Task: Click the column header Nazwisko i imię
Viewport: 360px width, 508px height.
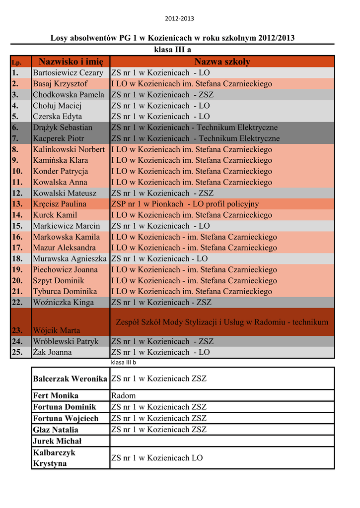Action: (x=71, y=62)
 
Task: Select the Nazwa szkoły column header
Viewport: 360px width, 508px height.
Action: (x=222, y=62)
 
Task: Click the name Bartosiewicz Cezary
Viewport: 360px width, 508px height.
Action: (x=68, y=73)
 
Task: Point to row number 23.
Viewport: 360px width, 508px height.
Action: (x=18, y=330)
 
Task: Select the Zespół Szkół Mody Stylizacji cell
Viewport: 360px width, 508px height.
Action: (x=222, y=322)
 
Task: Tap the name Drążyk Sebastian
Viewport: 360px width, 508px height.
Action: (x=63, y=127)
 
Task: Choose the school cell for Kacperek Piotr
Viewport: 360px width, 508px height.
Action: (x=195, y=138)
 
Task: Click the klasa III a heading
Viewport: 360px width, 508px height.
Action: (x=173, y=50)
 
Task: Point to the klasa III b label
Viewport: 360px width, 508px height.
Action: (x=123, y=363)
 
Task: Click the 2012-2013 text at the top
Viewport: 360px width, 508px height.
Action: (x=180, y=19)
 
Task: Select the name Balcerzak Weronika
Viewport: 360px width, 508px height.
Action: (x=70, y=379)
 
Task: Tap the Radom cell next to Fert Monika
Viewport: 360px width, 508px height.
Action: (x=123, y=396)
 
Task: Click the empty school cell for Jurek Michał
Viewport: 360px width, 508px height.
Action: (x=222, y=441)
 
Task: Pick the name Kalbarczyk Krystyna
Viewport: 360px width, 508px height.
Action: (x=54, y=458)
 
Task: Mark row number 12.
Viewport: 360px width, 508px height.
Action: (x=17, y=193)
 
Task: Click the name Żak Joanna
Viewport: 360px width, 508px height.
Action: (x=52, y=352)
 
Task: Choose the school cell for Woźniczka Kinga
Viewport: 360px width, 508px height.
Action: (x=161, y=302)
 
